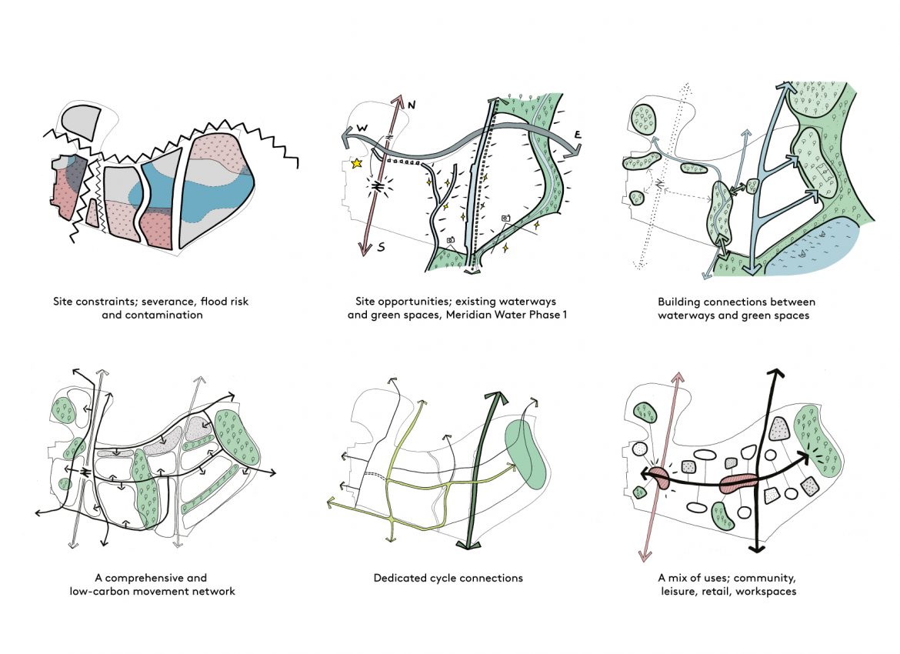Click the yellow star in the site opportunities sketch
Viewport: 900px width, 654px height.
tap(355, 164)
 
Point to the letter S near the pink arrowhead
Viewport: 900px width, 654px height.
tap(381, 248)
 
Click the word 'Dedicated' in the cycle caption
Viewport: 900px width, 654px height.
tap(398, 578)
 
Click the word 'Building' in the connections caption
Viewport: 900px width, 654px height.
tap(679, 302)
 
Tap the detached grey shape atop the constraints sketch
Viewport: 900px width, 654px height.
tap(78, 122)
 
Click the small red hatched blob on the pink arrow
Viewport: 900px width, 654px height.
tap(660, 476)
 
